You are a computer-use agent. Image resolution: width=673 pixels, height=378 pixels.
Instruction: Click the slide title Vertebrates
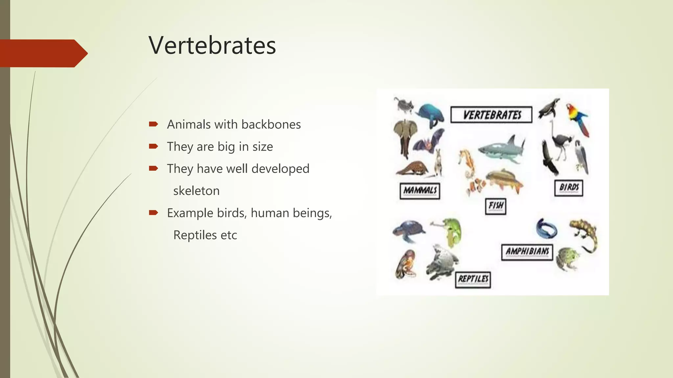click(212, 45)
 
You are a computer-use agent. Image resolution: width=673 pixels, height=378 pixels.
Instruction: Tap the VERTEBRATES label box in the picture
click(491, 115)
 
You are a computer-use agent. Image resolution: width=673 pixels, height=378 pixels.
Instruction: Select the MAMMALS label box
click(420, 190)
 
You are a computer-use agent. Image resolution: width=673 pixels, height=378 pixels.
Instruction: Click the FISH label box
click(496, 206)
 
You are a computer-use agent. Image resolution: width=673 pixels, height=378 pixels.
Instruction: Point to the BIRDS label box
click(569, 188)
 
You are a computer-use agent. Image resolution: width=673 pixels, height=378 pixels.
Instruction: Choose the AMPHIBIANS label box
click(527, 252)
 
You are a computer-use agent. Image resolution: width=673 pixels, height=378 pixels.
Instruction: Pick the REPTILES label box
click(473, 280)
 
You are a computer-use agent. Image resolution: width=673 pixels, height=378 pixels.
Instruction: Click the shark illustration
click(501, 149)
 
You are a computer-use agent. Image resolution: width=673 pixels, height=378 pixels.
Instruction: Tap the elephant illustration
click(405, 136)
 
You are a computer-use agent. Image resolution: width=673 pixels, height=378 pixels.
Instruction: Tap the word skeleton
click(196, 191)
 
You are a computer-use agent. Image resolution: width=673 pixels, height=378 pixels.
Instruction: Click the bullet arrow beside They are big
click(153, 146)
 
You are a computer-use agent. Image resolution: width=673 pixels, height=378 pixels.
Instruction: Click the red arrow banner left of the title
click(43, 53)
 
